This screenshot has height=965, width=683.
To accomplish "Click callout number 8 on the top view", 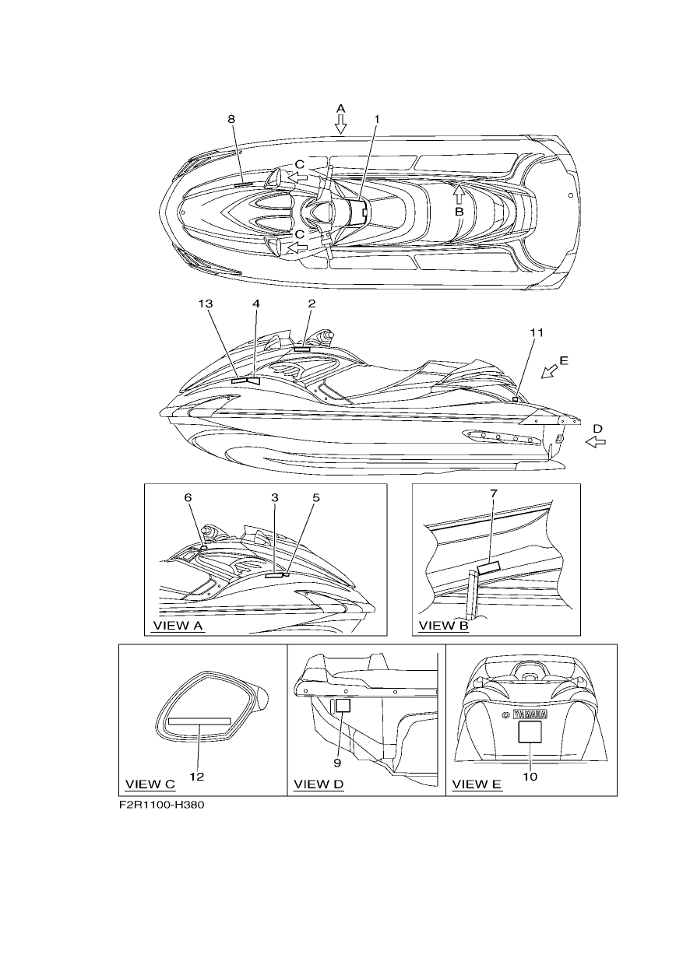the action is [231, 119].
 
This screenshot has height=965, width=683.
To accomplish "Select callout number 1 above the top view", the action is [376, 119].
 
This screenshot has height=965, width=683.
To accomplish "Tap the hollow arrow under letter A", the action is [340, 124].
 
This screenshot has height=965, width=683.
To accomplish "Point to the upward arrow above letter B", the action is [459, 194].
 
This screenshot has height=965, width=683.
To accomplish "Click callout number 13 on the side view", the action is [206, 304].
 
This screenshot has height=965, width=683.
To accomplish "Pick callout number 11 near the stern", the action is [537, 332].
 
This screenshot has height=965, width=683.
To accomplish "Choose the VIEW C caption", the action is [150, 784].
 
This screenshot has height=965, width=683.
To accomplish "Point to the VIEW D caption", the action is [319, 784].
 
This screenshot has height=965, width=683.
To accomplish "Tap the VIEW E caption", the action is [477, 784].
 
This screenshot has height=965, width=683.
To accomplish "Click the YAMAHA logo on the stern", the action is [530, 714].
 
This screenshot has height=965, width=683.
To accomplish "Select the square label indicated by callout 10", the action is [530, 732].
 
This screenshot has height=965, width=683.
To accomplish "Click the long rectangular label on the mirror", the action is [199, 721].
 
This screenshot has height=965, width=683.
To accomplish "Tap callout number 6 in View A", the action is [188, 497].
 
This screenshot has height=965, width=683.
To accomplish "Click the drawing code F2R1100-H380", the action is [161, 805].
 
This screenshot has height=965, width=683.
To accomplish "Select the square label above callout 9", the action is [343, 705].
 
